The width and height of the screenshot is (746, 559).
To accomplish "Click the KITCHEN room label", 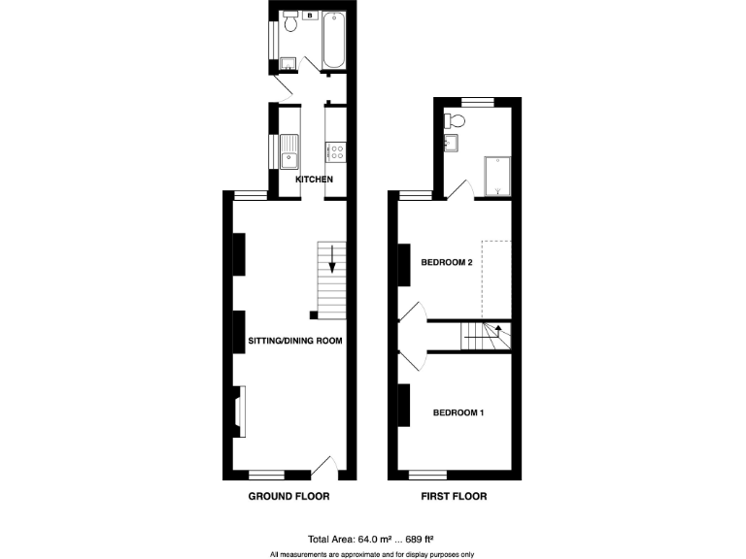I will [x=314, y=181].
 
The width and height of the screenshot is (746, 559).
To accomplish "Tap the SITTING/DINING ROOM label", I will [x=295, y=342].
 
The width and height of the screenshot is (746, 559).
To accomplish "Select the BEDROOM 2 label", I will [x=446, y=262].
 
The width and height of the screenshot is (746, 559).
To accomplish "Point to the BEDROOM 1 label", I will [x=458, y=413].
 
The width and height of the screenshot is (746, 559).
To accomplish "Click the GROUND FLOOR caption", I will [x=289, y=496].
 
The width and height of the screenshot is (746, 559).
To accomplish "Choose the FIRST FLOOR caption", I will [x=455, y=496].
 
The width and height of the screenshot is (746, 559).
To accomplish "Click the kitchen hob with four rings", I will [x=336, y=150].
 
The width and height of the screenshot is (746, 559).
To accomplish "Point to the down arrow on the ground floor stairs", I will [x=332, y=259].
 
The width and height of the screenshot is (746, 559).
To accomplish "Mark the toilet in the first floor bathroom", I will [x=456, y=121].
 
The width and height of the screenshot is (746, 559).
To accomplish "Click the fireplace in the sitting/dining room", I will [x=240, y=411].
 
